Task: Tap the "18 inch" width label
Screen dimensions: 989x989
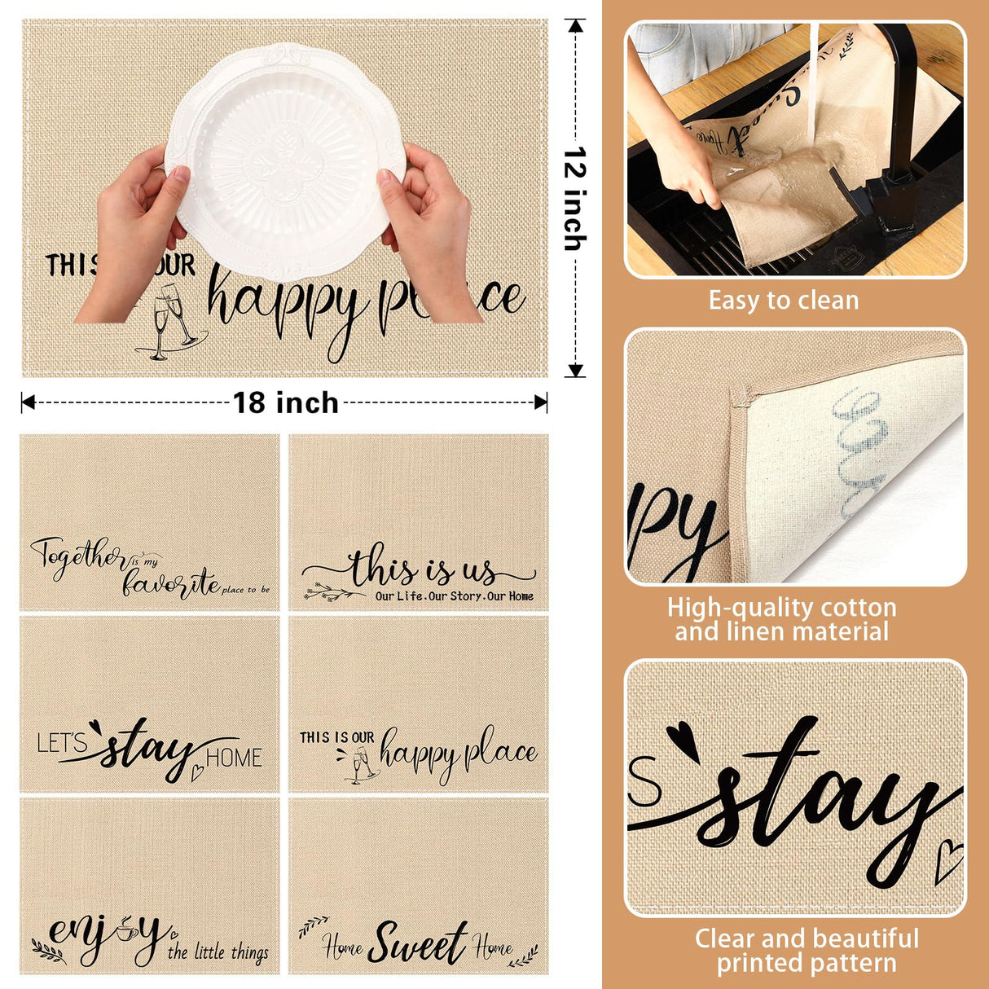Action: [285, 402]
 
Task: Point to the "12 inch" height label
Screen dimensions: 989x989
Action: [575, 198]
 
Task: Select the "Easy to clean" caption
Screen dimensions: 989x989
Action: [783, 301]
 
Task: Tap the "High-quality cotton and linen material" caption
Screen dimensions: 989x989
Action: [781, 619]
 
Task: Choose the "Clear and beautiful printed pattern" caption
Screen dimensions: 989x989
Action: [806, 950]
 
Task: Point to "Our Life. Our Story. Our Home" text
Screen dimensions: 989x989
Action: [454, 596]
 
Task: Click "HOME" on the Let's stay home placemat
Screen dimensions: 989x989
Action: [234, 758]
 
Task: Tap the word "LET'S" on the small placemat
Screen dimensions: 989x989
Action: [62, 743]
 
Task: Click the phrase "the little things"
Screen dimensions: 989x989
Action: [218, 952]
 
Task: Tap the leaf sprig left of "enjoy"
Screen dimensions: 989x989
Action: [49, 949]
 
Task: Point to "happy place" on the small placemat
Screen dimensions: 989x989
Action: [458, 754]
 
